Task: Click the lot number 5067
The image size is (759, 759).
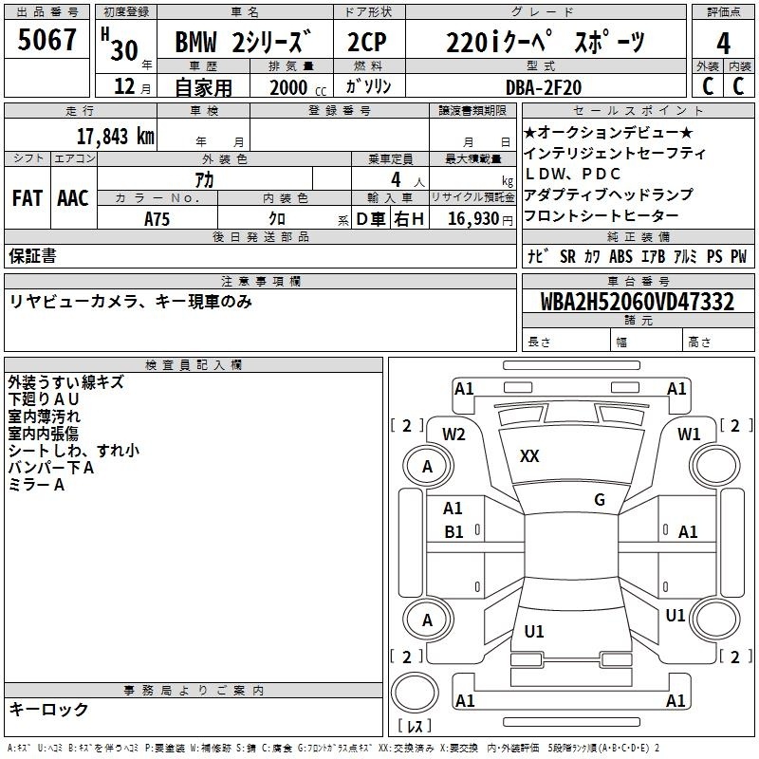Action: (46, 40)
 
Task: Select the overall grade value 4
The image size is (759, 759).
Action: (723, 44)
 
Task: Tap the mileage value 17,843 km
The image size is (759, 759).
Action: (115, 137)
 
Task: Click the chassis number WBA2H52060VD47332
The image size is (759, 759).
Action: (637, 302)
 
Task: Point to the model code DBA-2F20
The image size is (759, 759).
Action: (543, 87)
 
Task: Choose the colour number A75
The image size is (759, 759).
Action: (157, 219)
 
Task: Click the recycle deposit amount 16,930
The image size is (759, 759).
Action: (472, 219)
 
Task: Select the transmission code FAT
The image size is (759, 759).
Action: (28, 198)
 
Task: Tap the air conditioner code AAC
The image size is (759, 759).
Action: (73, 198)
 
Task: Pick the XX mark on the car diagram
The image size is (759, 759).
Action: (529, 456)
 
